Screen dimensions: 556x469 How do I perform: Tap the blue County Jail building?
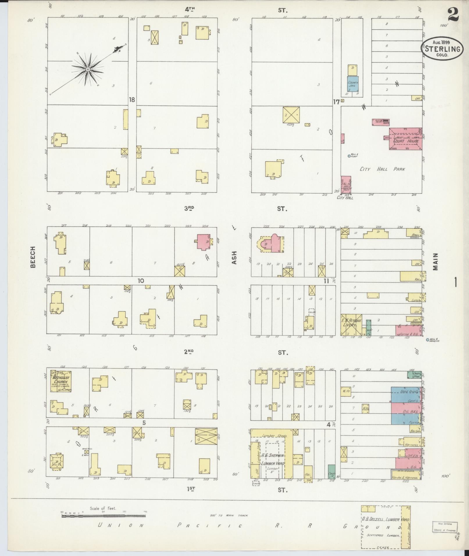(x=353, y=85)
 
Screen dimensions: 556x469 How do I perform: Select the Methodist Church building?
(x=61, y=381)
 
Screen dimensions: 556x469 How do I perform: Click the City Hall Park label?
(x=382, y=169)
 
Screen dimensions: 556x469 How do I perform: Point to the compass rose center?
(x=88, y=69)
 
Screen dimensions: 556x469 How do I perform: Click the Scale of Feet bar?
(x=103, y=313)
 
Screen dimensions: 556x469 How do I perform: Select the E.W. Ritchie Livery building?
(x=352, y=324)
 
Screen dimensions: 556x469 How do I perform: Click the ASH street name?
(x=235, y=257)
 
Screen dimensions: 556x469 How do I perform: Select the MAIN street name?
(x=435, y=261)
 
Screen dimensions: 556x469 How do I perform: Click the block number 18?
(x=132, y=100)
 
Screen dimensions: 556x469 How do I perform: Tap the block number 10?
(x=141, y=281)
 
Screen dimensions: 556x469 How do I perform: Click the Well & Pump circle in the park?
(x=349, y=156)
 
